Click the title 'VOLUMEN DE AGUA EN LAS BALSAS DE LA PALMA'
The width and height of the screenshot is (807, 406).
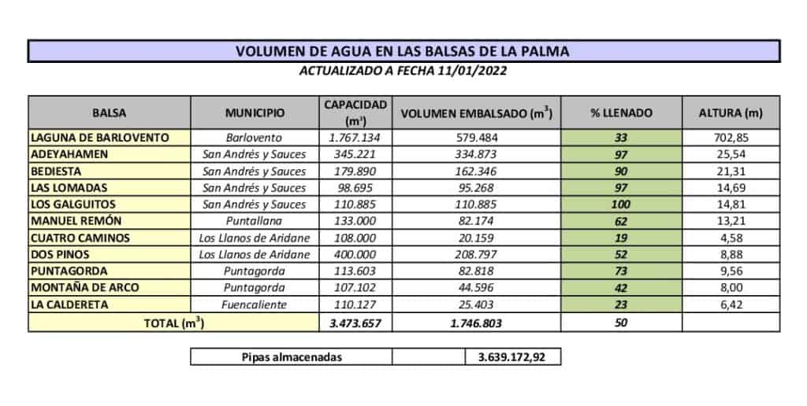(x=403, y=52)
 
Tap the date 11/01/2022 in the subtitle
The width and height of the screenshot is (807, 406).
(x=470, y=71)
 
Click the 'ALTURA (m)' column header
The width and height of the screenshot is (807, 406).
(x=730, y=113)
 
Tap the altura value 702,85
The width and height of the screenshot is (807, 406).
(x=730, y=137)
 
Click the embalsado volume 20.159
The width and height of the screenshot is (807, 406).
(x=477, y=238)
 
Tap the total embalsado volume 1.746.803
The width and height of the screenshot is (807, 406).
(x=477, y=323)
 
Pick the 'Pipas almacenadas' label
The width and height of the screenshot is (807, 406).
(x=291, y=357)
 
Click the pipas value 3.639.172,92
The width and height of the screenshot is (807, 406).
(x=513, y=357)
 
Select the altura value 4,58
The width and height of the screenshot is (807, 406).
(x=730, y=238)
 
